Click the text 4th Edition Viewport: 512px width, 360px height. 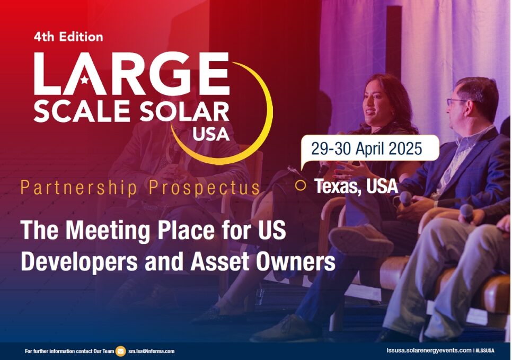point(68,37)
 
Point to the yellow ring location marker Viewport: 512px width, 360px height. point(301,185)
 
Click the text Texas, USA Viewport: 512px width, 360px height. point(356,186)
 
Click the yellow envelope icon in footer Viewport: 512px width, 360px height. point(121,351)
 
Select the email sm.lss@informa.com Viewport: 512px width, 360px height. point(152,351)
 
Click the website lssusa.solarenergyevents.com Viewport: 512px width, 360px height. point(429,350)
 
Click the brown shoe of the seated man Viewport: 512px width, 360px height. point(360,238)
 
